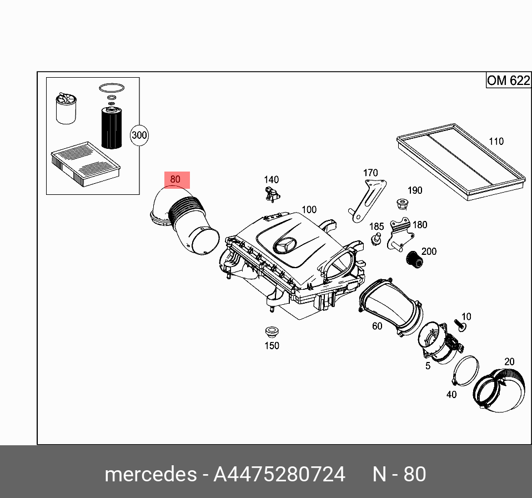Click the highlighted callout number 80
pos(175,179)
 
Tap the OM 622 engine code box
pos(508,81)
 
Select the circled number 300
pos(139,135)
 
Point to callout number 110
pos(495,141)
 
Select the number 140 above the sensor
pos(271,179)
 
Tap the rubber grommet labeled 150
pos(271,333)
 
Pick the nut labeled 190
pos(401,204)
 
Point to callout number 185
pos(377,227)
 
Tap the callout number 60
pos(377,326)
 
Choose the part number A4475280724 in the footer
pos(279,474)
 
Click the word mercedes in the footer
pos(150,474)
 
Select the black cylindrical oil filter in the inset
pos(111,127)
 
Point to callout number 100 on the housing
pos(309,210)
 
